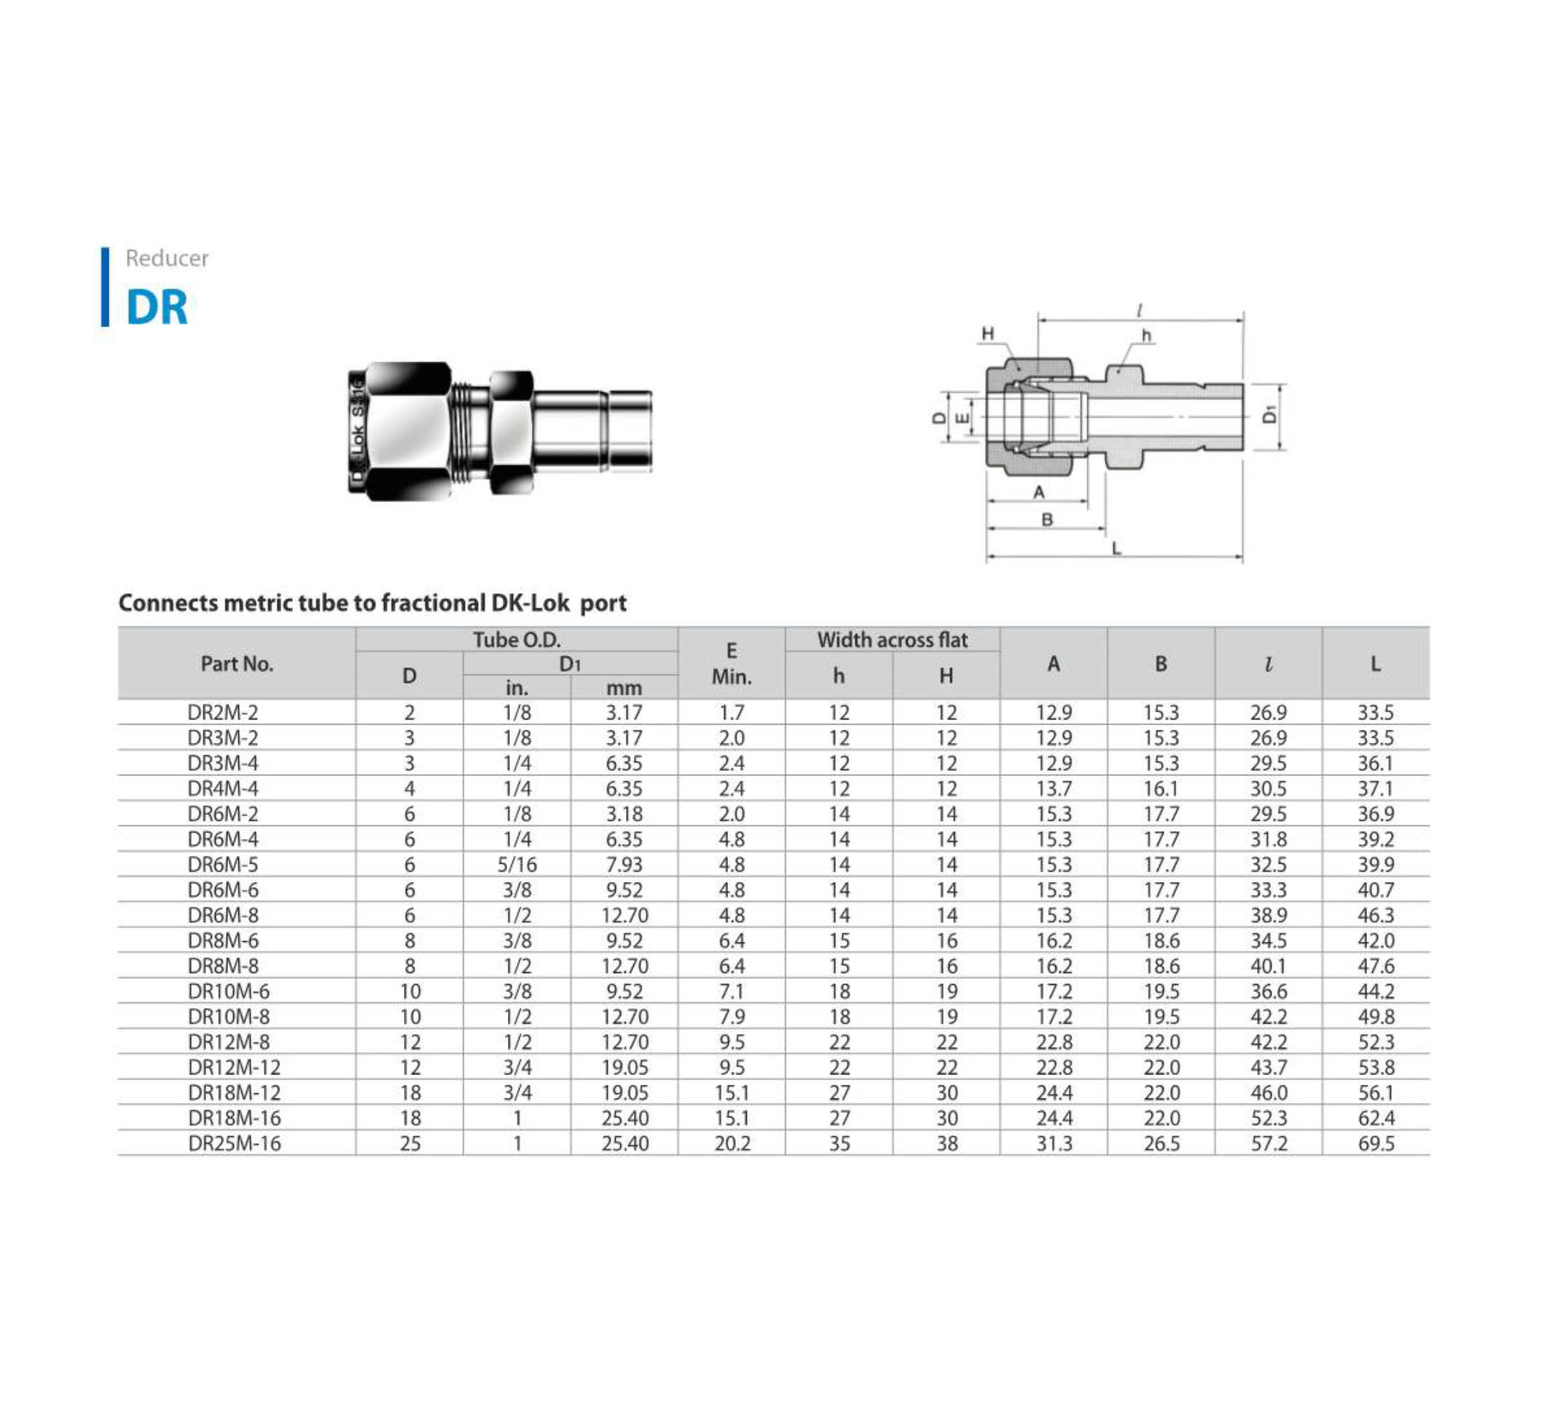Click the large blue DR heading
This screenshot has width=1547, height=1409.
157,307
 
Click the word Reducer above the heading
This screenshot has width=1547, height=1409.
167,258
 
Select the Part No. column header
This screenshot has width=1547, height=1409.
236,664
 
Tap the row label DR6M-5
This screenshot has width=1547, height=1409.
222,865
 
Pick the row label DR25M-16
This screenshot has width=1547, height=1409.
234,1144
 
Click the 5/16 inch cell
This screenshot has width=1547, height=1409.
517,865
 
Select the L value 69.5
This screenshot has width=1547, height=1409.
1375,1144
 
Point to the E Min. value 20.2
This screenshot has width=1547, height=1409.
732,1144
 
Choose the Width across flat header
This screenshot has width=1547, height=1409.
893,640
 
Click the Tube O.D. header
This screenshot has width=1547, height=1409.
517,640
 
